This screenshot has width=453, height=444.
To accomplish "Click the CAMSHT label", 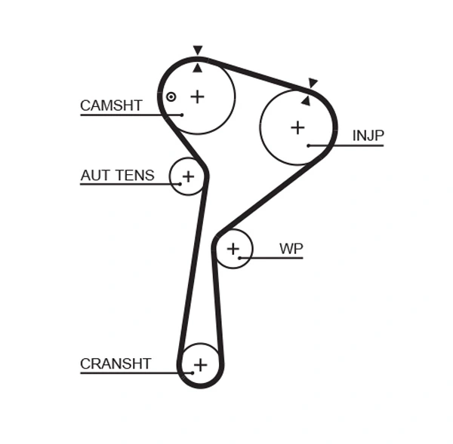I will pyautogui.click(x=111, y=106).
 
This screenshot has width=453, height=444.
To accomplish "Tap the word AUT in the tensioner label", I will pyautogui.click(x=94, y=176).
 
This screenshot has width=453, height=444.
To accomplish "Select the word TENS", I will pyautogui.click(x=134, y=176).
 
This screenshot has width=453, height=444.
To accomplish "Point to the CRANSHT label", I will pyautogui.click(x=116, y=364).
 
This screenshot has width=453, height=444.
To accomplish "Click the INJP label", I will pyautogui.click(x=368, y=136).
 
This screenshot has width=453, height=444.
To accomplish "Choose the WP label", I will pyautogui.click(x=291, y=248).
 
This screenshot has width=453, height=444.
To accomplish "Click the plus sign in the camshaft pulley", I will pyautogui.click(x=197, y=96).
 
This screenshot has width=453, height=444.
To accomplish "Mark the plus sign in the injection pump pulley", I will pyautogui.click(x=297, y=127).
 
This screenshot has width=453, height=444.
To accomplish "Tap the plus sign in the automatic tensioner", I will pyautogui.click(x=188, y=176).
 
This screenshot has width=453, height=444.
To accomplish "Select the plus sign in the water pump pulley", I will pyautogui.click(x=233, y=249).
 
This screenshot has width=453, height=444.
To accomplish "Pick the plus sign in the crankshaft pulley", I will pyautogui.click(x=200, y=366).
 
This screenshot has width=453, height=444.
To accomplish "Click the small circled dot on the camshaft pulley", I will pyautogui.click(x=171, y=96).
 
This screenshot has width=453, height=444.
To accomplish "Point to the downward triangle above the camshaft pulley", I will pyautogui.click(x=198, y=51).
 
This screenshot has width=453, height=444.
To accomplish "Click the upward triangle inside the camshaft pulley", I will pyautogui.click(x=198, y=68).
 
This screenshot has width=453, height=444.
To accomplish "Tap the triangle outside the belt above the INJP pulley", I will pyautogui.click(x=313, y=83).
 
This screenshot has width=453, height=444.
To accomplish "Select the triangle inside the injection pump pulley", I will pyautogui.click(x=306, y=100).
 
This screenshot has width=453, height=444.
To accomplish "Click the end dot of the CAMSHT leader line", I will pyautogui.click(x=182, y=115).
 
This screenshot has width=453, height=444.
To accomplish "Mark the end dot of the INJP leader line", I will pyautogui.click(x=309, y=145).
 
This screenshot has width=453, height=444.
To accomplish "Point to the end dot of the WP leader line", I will pyautogui.click(x=239, y=258).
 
